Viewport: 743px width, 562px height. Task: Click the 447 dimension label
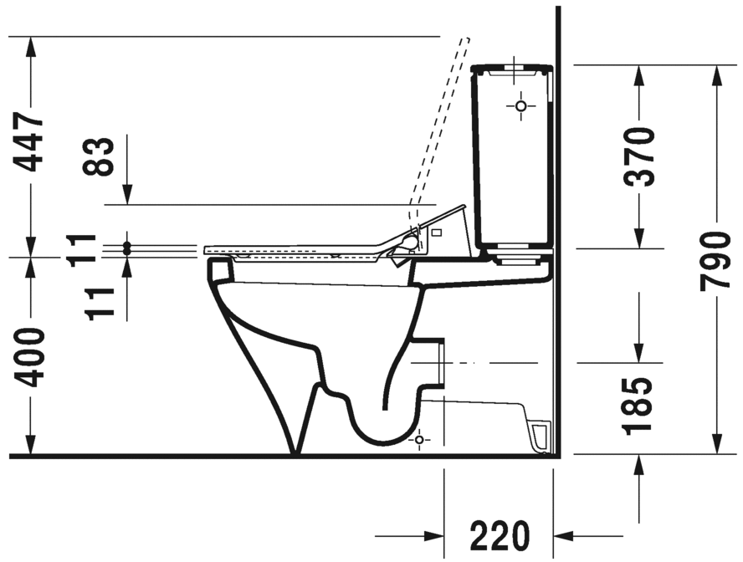[x=32, y=142]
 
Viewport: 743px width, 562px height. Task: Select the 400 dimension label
[x=32, y=357]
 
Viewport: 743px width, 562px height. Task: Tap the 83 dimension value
[x=100, y=156]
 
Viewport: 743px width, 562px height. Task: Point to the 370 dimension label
[x=641, y=156]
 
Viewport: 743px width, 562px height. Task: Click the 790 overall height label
[x=716, y=261]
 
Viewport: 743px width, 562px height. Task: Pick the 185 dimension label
[x=641, y=406]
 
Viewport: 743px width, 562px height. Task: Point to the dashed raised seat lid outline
[x=439, y=125]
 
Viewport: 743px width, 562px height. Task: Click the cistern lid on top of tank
[x=511, y=68]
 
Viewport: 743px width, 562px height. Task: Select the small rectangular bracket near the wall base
[x=541, y=435]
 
